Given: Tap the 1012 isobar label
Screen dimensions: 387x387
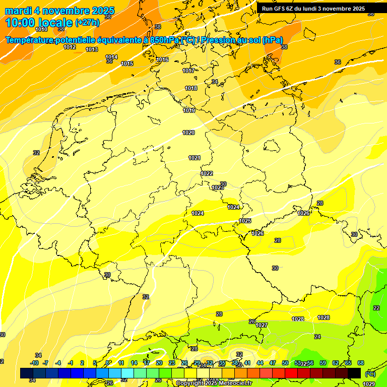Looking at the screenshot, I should pyautogui.click(x=70, y=47).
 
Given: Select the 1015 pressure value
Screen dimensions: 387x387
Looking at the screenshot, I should pyautogui.click(x=127, y=63).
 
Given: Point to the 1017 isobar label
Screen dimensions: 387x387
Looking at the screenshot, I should pyautogui.click(x=188, y=71).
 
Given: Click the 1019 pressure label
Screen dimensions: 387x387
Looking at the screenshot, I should pyautogui.click(x=189, y=110).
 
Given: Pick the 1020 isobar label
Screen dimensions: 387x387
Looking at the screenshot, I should pyautogui.click(x=188, y=133).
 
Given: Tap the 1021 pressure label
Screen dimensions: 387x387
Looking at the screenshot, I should pyautogui.click(x=195, y=158).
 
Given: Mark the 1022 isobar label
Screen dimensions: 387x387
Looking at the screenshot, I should pyautogui.click(x=207, y=173).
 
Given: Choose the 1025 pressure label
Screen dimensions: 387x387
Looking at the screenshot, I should pyautogui.click(x=245, y=221).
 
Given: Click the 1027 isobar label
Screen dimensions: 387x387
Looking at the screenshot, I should pyautogui.click(x=262, y=325).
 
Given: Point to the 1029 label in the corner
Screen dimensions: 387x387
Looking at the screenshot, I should pyautogui.click(x=369, y=384).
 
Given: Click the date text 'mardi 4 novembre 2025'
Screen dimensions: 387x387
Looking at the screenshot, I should pyautogui.click(x=59, y=11).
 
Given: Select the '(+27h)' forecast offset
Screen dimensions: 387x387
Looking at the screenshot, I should pyautogui.click(x=87, y=23).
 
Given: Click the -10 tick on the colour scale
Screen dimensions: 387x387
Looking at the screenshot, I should pyautogui.click(x=34, y=363).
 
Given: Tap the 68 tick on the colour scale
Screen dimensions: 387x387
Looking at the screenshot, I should pyautogui.click(x=361, y=363).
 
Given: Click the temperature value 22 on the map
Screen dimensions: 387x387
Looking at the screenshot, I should pyautogui.click(x=376, y=308).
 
